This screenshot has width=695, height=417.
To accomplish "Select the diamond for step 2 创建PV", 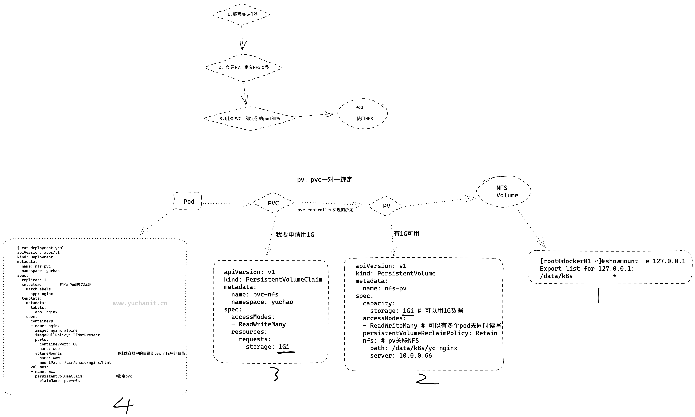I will (244, 68).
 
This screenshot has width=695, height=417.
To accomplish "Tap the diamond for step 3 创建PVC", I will (250, 119).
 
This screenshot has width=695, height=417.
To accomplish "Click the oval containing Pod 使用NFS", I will (363, 114).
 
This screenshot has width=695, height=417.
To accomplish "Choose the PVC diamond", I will (273, 203).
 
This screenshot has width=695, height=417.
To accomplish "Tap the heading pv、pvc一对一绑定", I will (325, 179).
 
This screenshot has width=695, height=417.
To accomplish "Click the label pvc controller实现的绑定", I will (325, 210).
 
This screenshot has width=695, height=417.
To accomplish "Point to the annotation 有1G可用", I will (406, 234).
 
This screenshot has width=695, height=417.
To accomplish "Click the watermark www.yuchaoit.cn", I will (140, 303).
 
